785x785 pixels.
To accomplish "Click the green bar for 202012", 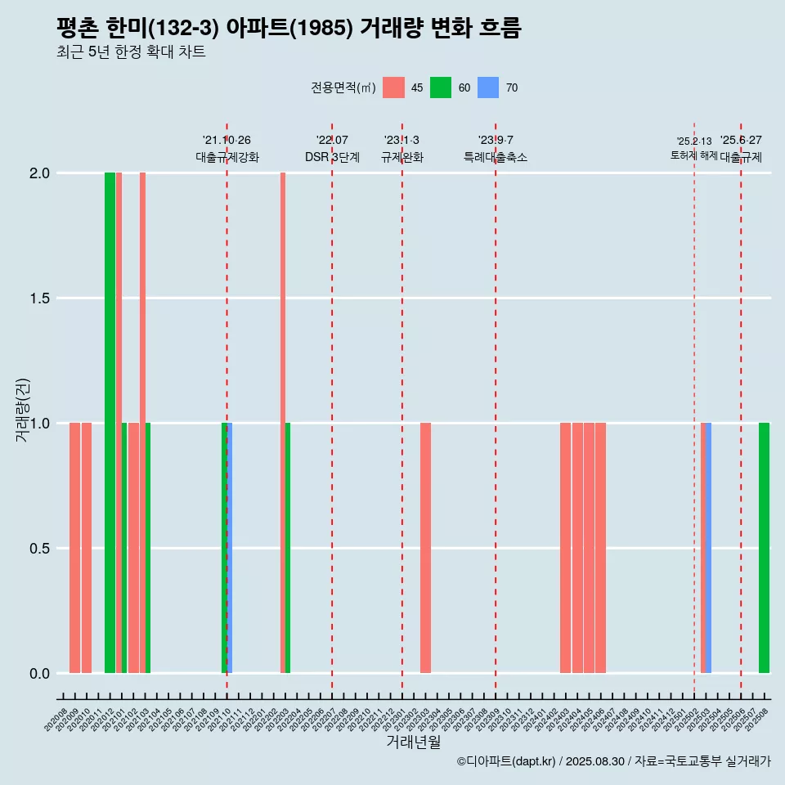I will [110, 423].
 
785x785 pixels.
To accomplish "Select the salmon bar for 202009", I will [74, 548].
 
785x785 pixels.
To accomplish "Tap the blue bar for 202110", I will [230, 548].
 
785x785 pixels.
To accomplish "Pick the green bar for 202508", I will [764, 548].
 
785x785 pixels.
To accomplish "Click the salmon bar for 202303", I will [425, 548].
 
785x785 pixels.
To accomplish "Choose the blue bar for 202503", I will [708, 548].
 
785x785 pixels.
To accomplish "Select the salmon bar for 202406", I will [600, 548].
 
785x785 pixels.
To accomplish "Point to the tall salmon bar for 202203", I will [283, 423].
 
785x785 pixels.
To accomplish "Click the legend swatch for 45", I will [393, 87].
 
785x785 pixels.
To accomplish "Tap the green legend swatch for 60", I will [441, 87].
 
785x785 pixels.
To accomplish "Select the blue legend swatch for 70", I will [488, 87].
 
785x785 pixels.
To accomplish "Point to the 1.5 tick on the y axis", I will [38, 298].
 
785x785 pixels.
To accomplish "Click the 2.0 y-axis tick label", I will [38, 173].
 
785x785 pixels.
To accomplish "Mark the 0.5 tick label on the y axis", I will [38, 549].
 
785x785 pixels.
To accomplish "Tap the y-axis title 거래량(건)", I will [23, 410].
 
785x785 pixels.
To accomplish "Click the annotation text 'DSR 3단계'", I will [332, 157].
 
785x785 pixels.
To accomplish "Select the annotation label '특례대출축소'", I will [496, 157].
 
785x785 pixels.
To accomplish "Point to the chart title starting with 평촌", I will [289, 28].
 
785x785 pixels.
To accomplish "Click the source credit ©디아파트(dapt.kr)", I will [506, 761].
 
